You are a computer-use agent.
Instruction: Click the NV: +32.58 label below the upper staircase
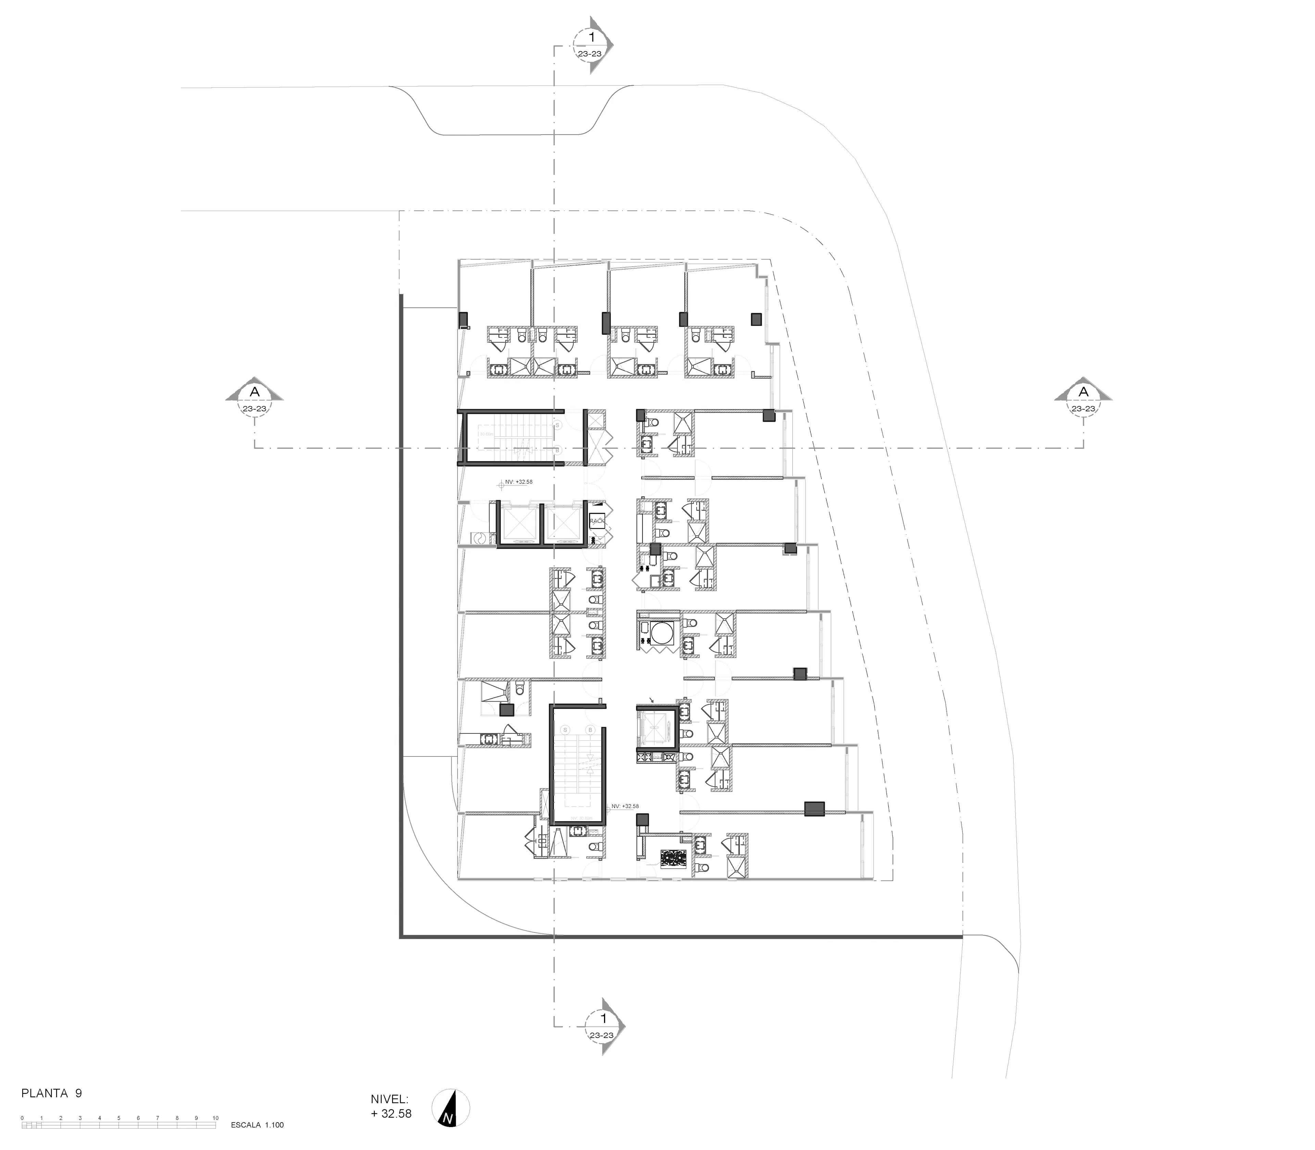tap(518, 481)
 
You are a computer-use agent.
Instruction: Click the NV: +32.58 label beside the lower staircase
tap(625, 806)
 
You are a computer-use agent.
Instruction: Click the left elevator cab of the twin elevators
tap(520, 523)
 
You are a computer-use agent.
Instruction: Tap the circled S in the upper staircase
tap(557, 425)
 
